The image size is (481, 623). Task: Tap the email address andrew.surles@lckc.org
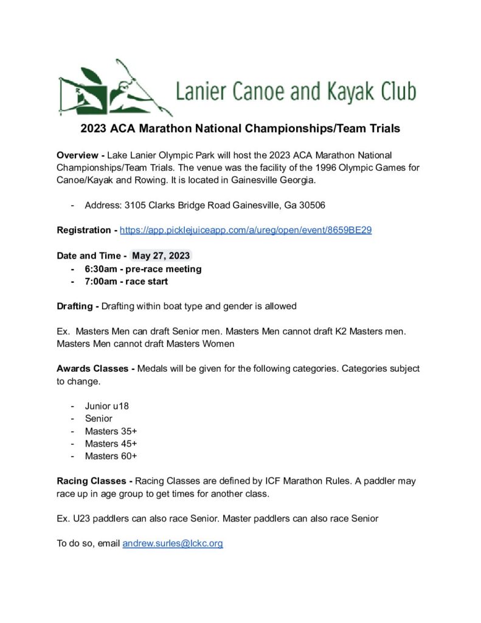tap(173, 543)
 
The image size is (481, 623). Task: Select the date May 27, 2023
tap(162, 256)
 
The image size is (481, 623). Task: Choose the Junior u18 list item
tap(106, 406)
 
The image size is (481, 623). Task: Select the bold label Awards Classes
tap(92, 369)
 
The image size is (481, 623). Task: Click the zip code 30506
tap(312, 205)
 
